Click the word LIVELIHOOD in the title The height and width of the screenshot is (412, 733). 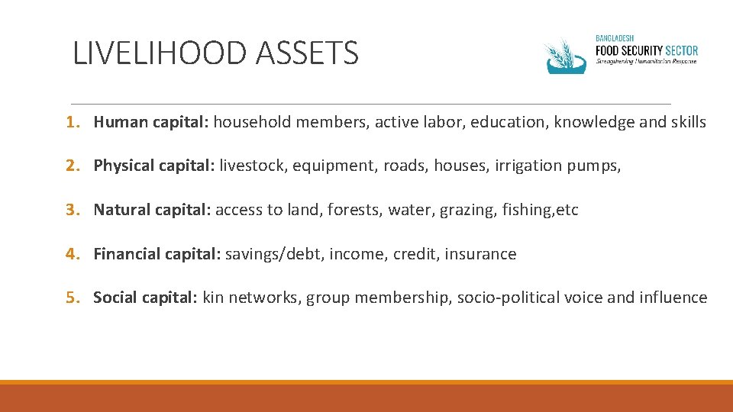point(160,53)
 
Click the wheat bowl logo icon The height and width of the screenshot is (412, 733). point(565,56)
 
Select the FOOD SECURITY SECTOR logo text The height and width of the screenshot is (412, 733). point(647,50)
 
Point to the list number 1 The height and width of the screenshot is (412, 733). point(69,122)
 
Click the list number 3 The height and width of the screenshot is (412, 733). point(69,210)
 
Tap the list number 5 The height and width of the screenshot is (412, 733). point(69,298)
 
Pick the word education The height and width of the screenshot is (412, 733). point(504,122)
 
